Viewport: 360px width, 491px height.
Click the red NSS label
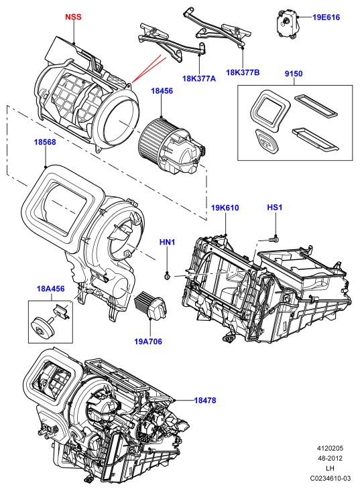tap(73, 17)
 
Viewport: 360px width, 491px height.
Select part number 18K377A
tap(199, 78)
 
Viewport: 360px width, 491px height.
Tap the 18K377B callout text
tap(243, 72)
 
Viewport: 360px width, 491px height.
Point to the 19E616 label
tap(326, 17)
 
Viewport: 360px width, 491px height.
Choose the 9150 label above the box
tap(294, 74)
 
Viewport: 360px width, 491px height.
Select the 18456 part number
tap(162, 91)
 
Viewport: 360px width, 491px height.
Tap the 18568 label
tap(45, 142)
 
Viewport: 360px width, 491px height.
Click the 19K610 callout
tap(225, 208)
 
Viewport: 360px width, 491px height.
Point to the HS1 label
tap(275, 207)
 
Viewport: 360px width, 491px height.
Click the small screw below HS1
tap(274, 239)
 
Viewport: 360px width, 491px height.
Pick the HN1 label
tap(168, 242)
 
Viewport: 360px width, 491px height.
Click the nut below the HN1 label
tap(168, 276)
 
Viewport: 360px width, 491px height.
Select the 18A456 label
tap(51, 289)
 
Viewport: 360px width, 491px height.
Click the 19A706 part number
tap(148, 342)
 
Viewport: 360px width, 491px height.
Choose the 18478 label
tap(205, 400)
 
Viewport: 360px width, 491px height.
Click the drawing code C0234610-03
tap(331, 478)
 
